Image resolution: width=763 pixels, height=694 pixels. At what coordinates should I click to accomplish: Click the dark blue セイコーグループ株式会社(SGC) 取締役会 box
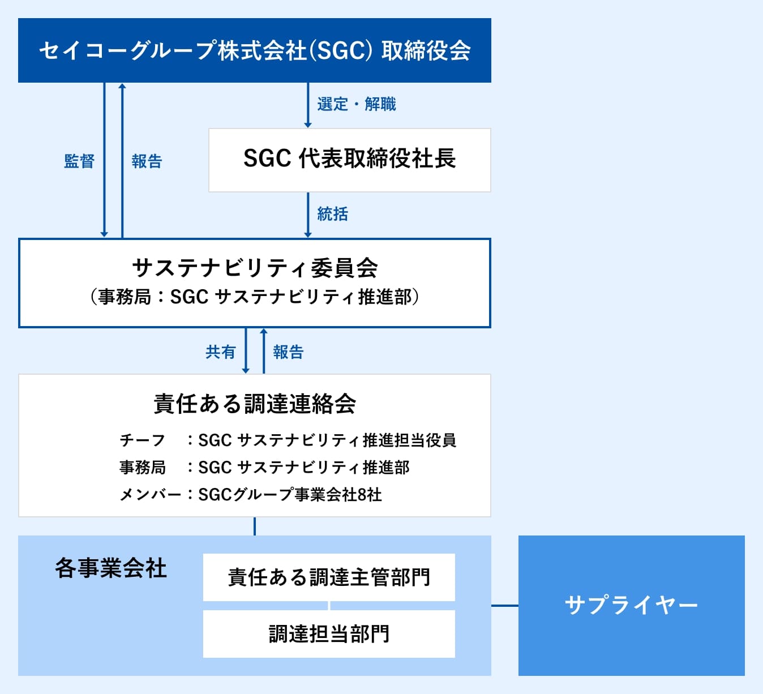pos(254,50)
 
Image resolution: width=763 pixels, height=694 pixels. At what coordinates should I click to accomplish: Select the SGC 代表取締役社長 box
pos(349,160)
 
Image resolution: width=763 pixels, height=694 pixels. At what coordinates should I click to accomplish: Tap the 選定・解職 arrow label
pos(356,104)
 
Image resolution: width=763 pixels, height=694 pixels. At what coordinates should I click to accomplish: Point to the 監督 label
pos(79,161)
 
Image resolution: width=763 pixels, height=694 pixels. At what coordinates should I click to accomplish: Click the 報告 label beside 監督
pos(147,161)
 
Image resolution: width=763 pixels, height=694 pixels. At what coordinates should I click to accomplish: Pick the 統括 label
pos(332,214)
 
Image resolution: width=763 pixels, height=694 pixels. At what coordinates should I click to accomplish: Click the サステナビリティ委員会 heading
pos(254,268)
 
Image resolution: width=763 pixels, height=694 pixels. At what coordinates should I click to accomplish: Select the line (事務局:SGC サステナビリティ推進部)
pos(254,297)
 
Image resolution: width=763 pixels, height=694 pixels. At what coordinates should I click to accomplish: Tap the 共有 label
pos(220,352)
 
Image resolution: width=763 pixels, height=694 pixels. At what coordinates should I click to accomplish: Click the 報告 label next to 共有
pos(288,352)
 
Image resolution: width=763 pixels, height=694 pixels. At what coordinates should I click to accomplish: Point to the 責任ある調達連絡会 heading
pos(254,404)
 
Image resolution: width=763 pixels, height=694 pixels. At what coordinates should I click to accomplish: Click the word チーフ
pos(142,440)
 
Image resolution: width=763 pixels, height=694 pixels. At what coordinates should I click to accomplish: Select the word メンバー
pos(149,495)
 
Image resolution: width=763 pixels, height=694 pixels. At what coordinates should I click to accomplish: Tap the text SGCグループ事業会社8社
pos(290,495)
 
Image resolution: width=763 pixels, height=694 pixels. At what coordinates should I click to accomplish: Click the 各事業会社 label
pos(111,568)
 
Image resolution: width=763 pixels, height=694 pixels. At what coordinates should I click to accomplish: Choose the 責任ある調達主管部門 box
pos(329,577)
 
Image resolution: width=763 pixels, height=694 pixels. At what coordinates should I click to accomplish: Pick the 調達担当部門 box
pos(329,634)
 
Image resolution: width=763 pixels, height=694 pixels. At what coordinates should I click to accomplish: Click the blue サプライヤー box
pos(631,605)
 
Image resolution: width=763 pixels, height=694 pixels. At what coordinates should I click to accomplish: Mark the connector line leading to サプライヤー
pos(504,606)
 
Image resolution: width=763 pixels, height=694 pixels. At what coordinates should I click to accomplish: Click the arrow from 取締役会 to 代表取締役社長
pos(308,105)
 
